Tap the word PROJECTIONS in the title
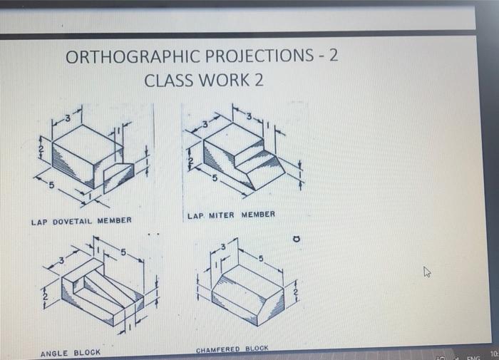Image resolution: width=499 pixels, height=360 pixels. click(255, 57)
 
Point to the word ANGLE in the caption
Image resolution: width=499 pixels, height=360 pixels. click(54, 353)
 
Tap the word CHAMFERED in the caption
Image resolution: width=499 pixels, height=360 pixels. click(216, 349)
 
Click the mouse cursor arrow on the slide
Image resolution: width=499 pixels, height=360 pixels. click(427, 272)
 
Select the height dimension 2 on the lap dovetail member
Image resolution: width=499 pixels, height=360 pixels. click(41, 148)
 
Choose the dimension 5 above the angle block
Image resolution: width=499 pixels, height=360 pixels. click(123, 252)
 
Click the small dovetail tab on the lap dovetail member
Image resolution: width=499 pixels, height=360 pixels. click(118, 172)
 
